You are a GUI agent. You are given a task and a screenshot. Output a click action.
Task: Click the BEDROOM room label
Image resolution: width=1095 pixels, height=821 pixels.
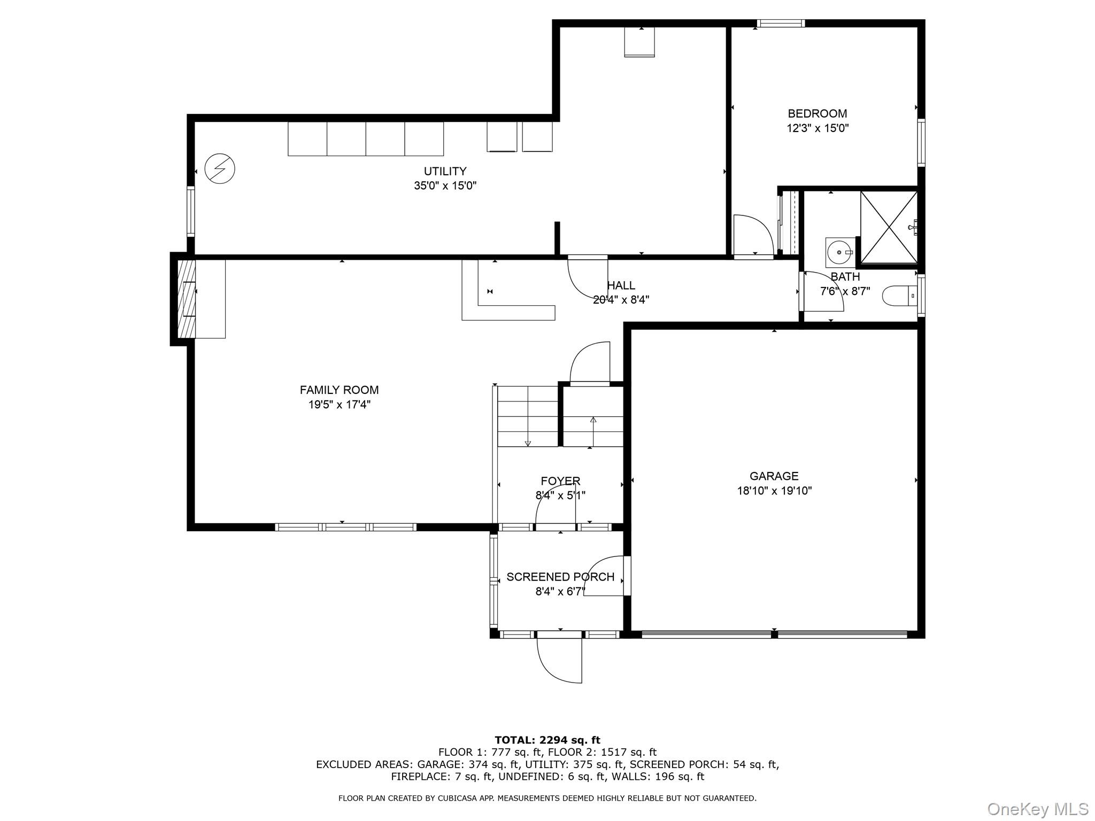pyautogui.click(x=817, y=113)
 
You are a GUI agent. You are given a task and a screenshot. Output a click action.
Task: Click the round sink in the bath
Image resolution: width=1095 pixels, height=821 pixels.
pyautogui.click(x=839, y=252)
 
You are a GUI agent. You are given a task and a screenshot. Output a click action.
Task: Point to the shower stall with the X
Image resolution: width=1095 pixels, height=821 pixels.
pyautogui.click(x=888, y=227)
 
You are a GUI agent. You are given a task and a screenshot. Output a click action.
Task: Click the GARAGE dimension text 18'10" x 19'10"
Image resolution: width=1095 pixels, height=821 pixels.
pyautogui.click(x=774, y=491)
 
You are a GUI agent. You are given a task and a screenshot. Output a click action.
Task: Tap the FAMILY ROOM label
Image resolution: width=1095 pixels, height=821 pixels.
pyautogui.click(x=339, y=390)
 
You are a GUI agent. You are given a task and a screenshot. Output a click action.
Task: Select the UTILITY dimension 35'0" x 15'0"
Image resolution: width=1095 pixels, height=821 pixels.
pyautogui.click(x=445, y=186)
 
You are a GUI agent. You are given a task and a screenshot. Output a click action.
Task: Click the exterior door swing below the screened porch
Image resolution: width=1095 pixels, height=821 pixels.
pyautogui.click(x=559, y=660)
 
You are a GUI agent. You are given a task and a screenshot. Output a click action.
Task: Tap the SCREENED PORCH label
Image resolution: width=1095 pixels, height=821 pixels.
pyautogui.click(x=560, y=577)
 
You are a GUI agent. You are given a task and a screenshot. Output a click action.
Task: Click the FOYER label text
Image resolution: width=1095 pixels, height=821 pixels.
pyautogui.click(x=560, y=481)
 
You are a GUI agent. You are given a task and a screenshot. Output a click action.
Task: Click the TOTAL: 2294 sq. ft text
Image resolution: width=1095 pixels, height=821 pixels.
pyautogui.click(x=547, y=740)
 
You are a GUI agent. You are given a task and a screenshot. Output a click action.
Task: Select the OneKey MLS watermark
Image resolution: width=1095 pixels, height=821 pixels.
pyautogui.click(x=1037, y=809)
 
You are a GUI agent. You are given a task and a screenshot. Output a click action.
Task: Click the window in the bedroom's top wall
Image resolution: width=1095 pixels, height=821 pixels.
pyautogui.click(x=781, y=23)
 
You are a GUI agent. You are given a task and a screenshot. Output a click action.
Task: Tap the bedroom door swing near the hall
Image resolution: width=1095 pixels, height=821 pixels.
pyautogui.click(x=753, y=235)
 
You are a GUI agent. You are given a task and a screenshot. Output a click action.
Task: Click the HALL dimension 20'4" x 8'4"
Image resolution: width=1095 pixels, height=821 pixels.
pyautogui.click(x=621, y=300)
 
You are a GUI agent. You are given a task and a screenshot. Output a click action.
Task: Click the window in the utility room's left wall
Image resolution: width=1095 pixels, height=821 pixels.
pyautogui.click(x=190, y=211)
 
